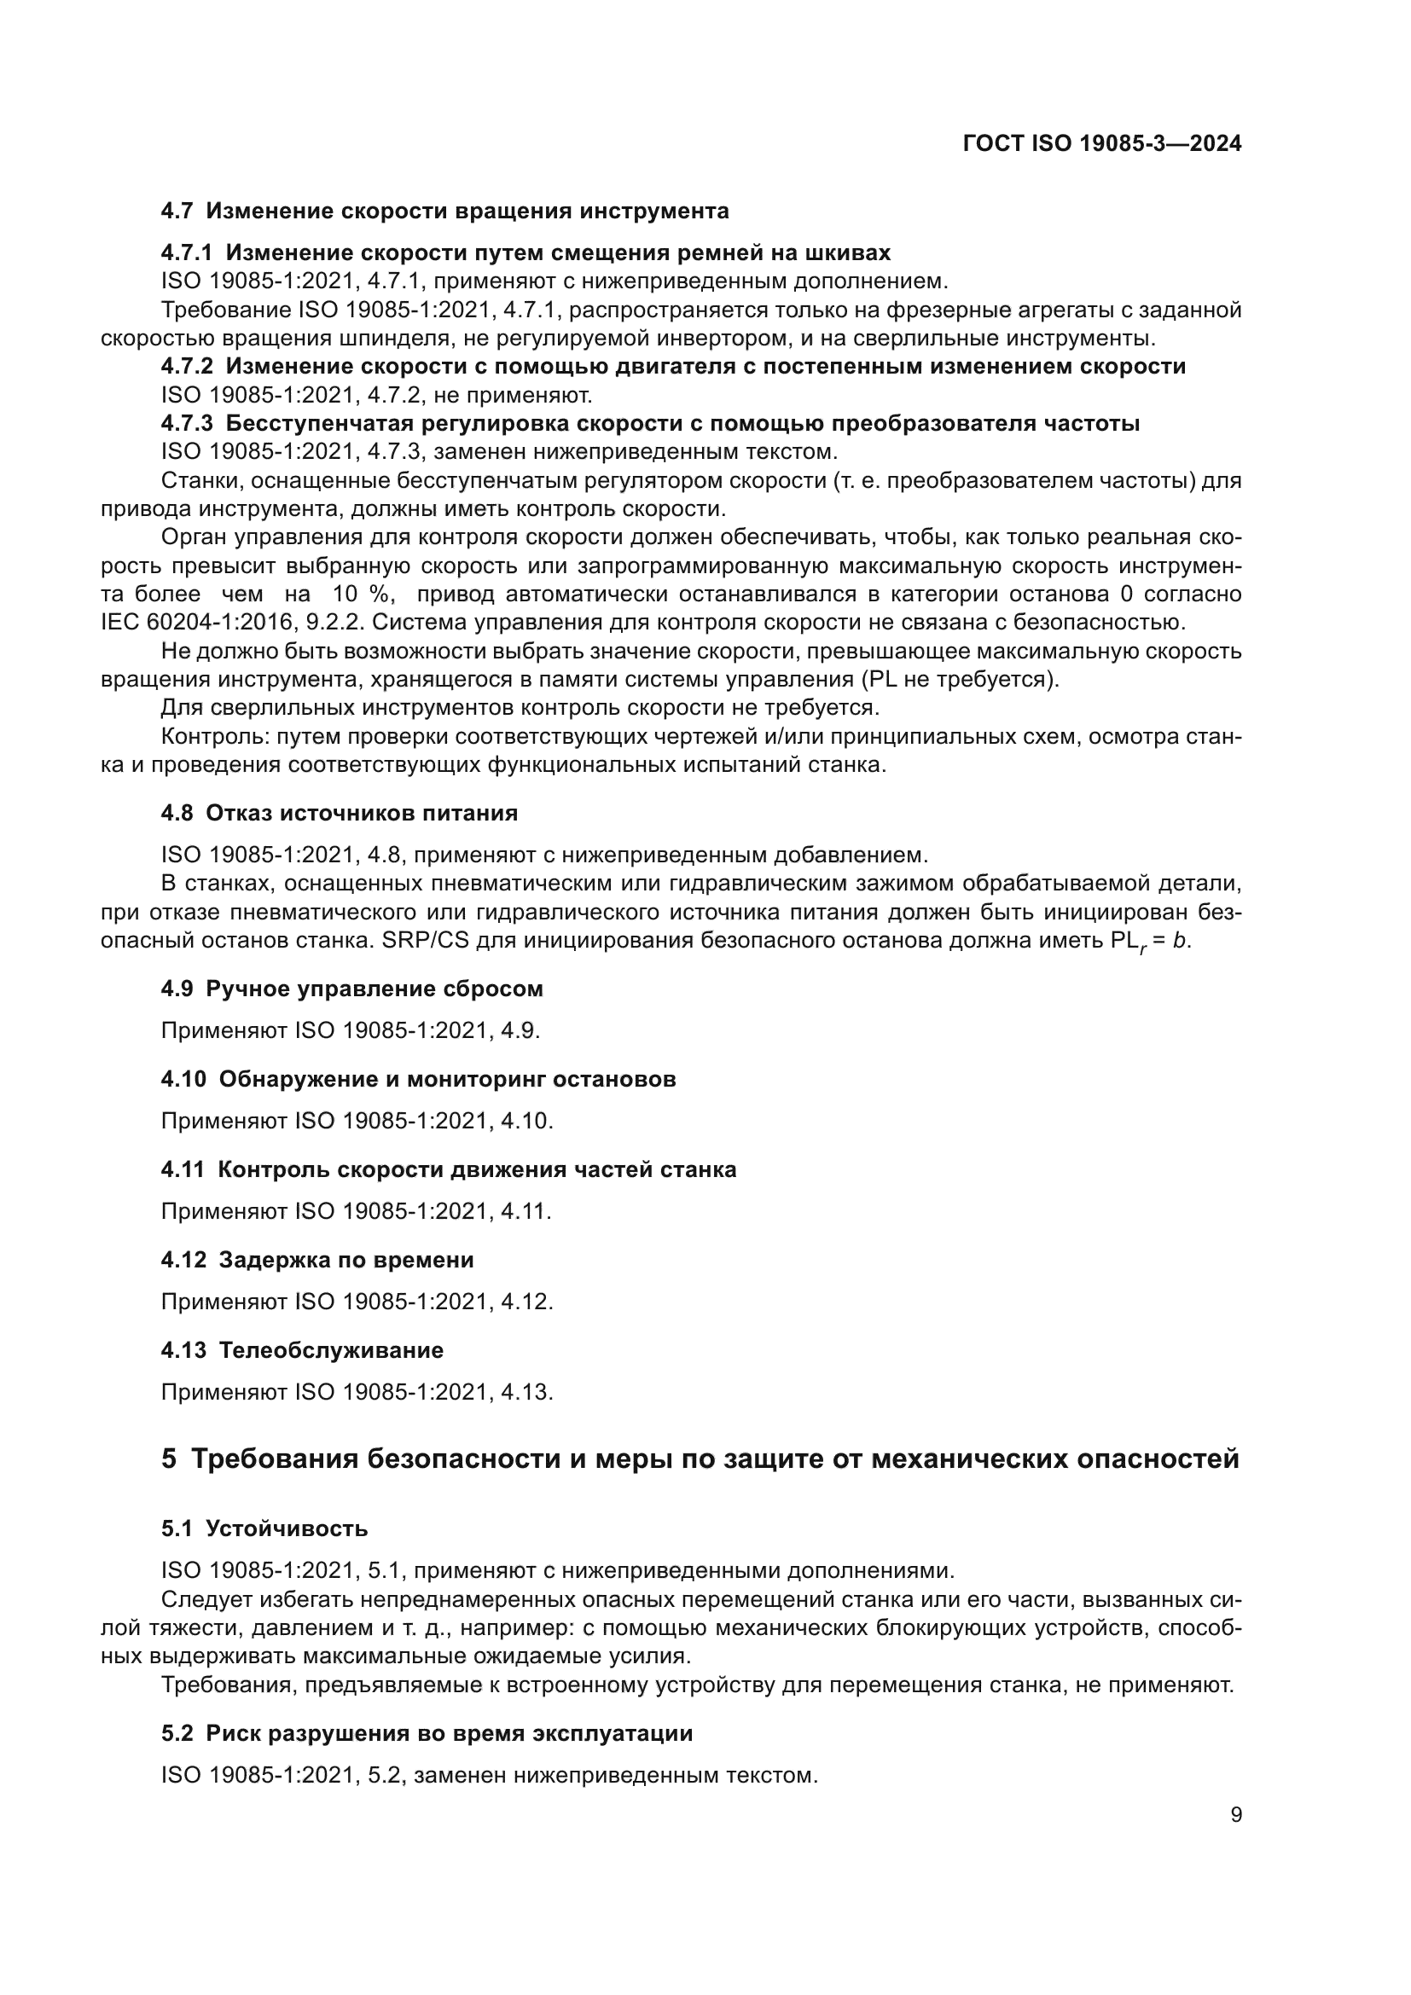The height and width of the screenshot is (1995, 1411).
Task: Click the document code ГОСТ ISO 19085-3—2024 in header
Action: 1101,144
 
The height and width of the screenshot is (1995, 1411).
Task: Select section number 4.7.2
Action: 187,367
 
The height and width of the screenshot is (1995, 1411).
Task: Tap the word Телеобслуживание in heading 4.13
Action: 331,1350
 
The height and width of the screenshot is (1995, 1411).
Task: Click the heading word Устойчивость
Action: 287,1528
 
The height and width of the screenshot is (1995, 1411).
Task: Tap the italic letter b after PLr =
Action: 1179,941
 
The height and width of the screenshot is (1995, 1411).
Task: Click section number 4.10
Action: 183,1079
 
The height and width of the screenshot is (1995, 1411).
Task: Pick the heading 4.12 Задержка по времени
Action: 317,1260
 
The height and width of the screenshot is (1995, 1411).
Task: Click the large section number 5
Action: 169,1459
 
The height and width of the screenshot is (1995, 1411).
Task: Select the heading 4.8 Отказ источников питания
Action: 339,814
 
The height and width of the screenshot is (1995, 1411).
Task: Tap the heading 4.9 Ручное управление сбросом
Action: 351,989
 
